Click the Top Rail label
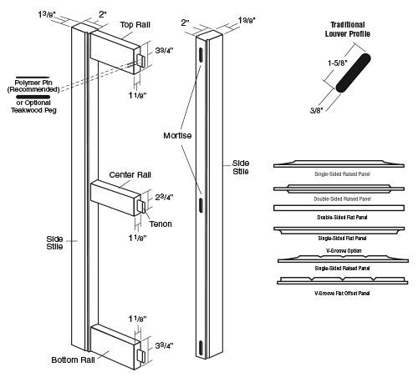135,25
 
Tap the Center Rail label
130,175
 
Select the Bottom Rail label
73,360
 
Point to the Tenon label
161,224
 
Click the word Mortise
177,136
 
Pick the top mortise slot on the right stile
201,55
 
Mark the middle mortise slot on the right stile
201,205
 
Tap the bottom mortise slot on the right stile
201,348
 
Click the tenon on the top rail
141,61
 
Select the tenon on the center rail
141,207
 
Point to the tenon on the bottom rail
141,356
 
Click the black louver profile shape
353,73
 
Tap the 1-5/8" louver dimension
338,63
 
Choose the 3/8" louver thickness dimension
316,110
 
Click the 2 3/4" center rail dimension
164,197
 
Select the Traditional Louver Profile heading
348,29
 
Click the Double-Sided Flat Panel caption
342,218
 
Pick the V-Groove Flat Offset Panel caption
342,293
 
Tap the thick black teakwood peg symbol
33,97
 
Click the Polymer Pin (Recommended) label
33,86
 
